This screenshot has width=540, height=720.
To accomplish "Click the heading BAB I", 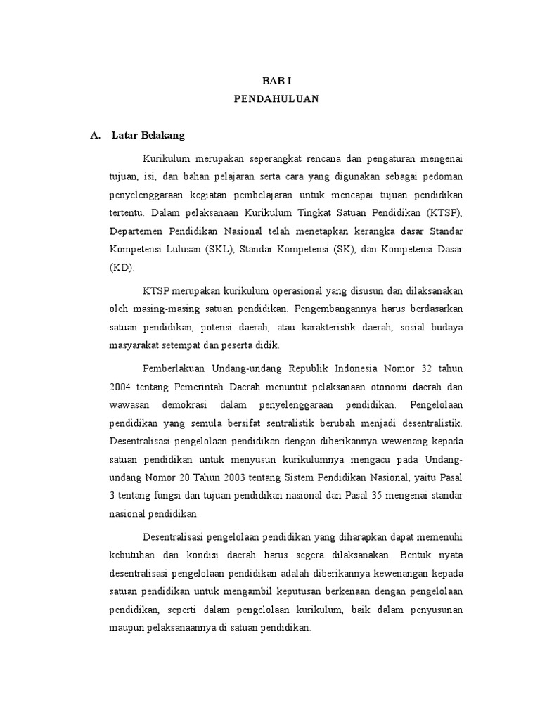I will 276,82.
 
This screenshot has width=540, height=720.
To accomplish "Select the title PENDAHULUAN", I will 276,99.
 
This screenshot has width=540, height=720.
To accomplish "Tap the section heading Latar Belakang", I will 148,136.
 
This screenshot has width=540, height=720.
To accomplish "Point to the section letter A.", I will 95,136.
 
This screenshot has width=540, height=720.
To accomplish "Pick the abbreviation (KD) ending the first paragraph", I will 122,267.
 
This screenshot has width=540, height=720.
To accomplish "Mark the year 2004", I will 120,387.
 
